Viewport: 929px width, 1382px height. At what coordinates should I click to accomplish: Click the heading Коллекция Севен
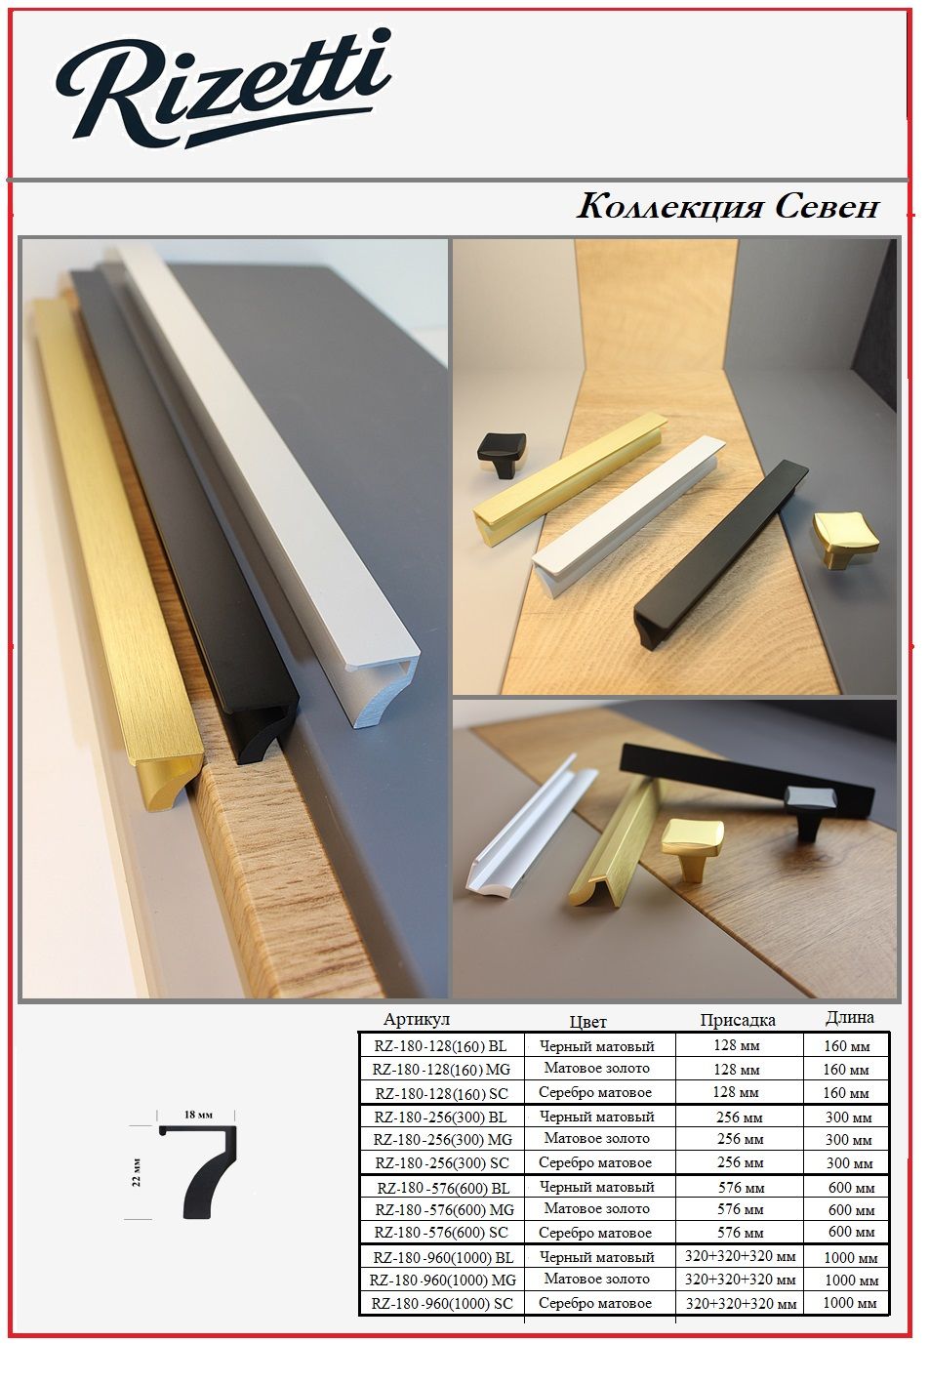tap(728, 207)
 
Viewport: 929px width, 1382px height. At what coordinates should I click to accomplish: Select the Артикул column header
tap(417, 1019)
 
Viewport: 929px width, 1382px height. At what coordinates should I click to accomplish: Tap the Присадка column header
tap(737, 1021)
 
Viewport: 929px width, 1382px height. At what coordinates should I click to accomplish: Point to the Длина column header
tap(849, 1018)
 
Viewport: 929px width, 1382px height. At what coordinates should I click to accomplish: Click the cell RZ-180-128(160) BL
tap(440, 1046)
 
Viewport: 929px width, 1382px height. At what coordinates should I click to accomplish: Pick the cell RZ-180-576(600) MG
tap(444, 1209)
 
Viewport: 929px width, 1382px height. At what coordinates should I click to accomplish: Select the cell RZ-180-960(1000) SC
tap(442, 1303)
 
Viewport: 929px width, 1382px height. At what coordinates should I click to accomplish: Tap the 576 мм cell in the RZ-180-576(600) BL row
tap(741, 1188)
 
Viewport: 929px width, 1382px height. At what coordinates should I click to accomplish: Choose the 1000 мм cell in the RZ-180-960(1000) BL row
tap(851, 1257)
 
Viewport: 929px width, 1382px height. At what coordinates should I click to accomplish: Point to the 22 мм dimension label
tap(137, 1171)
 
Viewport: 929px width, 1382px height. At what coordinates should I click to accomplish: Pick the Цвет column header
tap(587, 1022)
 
